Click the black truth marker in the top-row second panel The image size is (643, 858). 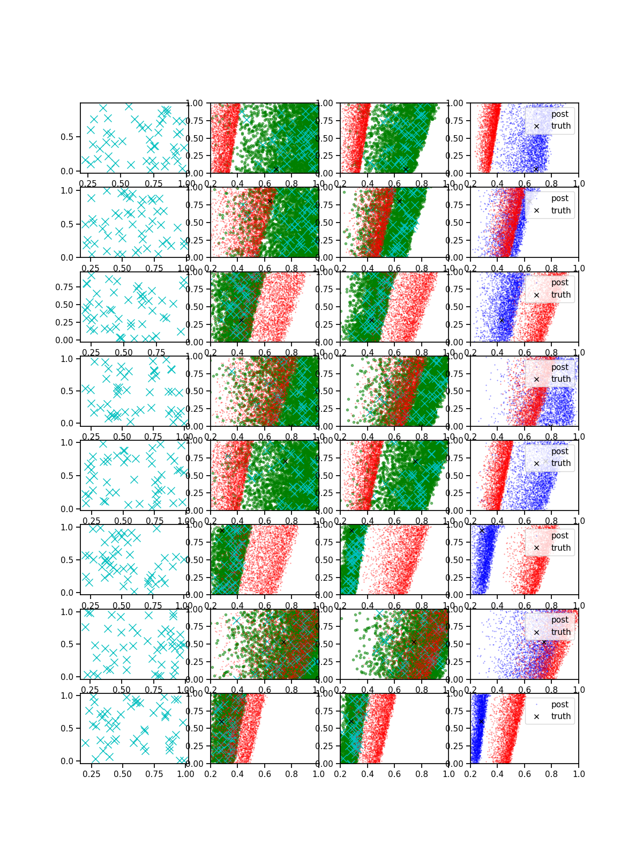click(276, 169)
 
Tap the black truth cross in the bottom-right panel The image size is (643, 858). click(481, 722)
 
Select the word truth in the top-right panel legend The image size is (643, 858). click(560, 126)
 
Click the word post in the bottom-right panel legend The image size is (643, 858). click(559, 705)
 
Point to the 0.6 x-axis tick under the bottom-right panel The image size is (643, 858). click(525, 774)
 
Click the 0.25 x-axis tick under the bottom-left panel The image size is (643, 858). click(92, 774)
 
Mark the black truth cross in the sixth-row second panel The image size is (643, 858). click(222, 530)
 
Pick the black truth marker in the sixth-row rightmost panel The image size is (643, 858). click(482, 530)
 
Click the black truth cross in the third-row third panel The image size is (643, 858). click(371, 320)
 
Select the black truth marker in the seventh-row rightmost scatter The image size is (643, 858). click(544, 642)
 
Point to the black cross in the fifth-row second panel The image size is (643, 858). click(285, 461)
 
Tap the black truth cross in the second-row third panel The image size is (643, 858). click(399, 201)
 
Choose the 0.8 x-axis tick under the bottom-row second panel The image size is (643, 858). click(291, 774)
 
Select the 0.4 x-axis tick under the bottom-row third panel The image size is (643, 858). click(368, 774)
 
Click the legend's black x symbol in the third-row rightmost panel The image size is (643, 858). click(536, 295)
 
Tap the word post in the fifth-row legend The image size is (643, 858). click(559, 452)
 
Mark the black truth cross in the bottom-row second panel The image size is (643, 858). click(221, 722)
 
